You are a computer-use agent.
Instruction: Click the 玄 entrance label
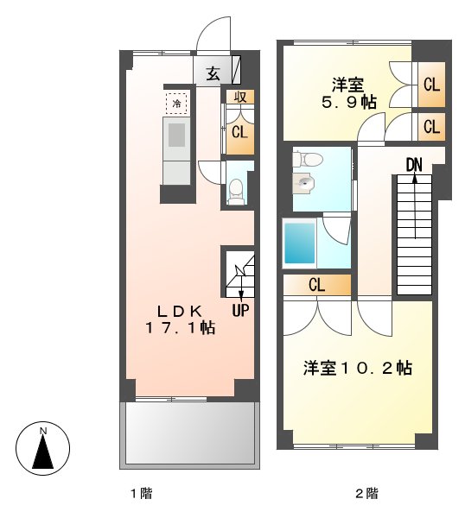tap(213, 73)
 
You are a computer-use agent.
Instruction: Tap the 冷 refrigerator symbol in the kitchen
tap(177, 104)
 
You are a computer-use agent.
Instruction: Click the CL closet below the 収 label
tap(239, 132)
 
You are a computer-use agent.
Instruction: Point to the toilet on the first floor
tap(235, 191)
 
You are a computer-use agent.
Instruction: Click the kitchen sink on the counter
tap(177, 136)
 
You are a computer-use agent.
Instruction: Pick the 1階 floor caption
tap(141, 494)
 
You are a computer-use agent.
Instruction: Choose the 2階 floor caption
tap(366, 494)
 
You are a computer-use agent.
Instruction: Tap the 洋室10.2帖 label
tap(357, 369)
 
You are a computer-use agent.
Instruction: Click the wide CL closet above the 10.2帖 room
tap(316, 285)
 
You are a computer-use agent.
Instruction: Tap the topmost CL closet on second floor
tap(430, 85)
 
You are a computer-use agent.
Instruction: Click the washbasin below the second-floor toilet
tap(304, 183)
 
